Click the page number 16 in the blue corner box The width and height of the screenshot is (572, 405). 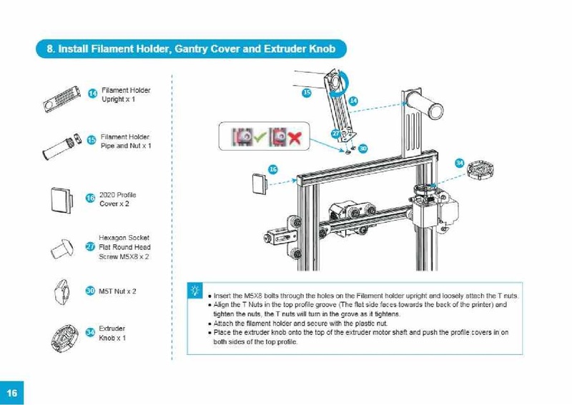coord(12,393)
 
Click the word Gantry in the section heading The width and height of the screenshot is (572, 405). coord(199,49)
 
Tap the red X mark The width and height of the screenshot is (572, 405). coord(294,136)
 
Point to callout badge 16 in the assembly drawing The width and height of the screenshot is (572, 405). coord(272,169)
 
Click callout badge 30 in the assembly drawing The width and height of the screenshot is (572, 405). coord(363,148)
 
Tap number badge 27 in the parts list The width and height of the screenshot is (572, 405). coord(90,246)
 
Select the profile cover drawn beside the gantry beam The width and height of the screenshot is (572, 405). coord(259,182)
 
